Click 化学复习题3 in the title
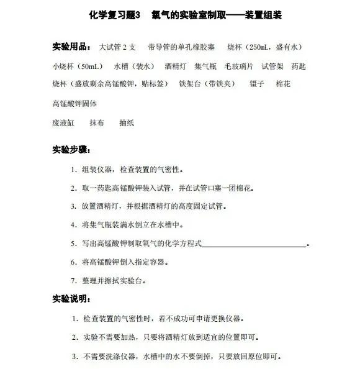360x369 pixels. pos(115,13)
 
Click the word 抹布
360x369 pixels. pos(97,123)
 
